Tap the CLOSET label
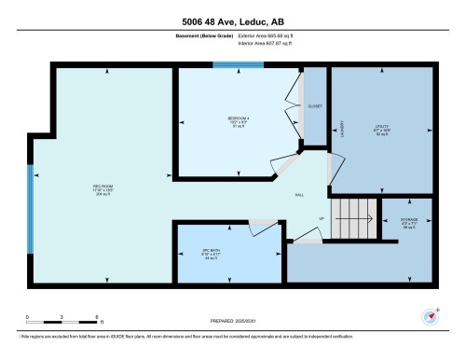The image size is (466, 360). click(x=315, y=106)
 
